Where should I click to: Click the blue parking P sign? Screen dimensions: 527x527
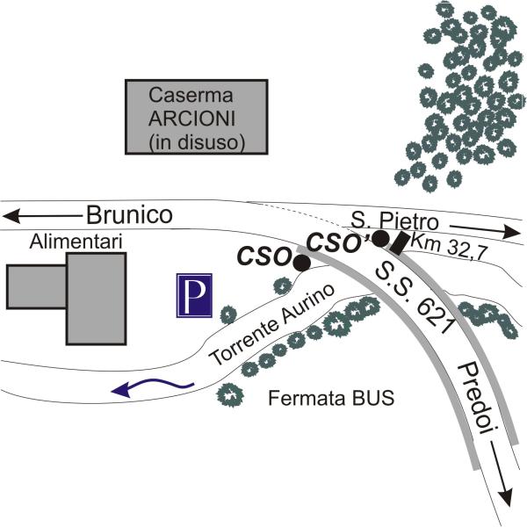coord(194,295)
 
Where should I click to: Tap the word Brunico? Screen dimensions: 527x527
coord(129,215)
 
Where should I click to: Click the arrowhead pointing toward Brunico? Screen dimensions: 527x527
coord(11,216)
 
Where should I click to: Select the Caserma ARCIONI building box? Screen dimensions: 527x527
coord(197,117)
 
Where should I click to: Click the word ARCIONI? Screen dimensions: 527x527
coord(191,119)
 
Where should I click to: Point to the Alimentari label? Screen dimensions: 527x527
coord(76,242)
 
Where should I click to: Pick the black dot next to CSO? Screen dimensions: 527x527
coord(302,263)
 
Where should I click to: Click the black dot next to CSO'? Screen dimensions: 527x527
coord(381,238)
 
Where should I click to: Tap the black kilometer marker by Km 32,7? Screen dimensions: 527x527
coord(400,244)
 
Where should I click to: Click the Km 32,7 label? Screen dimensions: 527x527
coord(450,247)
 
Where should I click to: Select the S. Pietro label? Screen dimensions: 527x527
coord(395,221)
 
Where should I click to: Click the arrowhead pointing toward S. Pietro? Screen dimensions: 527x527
coord(511,232)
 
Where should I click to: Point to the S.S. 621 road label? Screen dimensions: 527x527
coord(414,298)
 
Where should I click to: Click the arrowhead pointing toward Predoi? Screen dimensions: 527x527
coord(505,498)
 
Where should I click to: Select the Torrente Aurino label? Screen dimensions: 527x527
coord(271,325)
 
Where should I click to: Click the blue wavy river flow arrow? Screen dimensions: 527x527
coord(153,386)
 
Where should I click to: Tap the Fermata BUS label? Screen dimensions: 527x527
coord(331,399)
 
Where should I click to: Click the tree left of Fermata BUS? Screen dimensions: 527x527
coord(230,395)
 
